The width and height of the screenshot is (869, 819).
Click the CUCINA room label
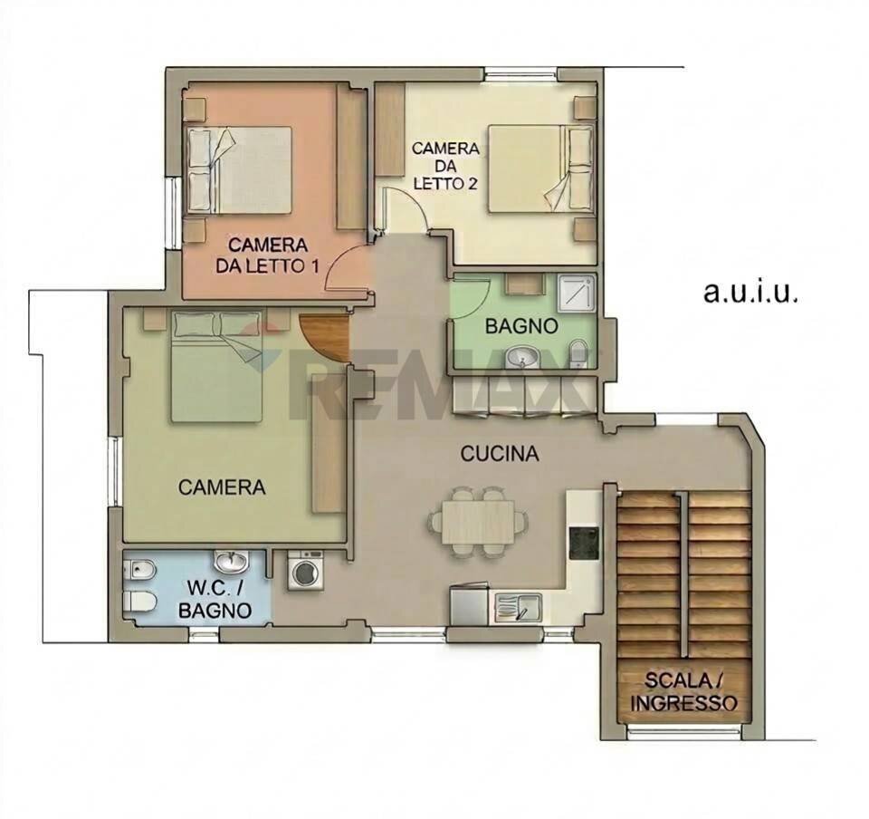[500, 454]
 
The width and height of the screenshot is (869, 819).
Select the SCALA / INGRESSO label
[684, 691]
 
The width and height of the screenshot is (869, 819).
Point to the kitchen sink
[518, 605]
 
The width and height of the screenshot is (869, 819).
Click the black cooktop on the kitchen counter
[584, 542]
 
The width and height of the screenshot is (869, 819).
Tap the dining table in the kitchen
[478, 522]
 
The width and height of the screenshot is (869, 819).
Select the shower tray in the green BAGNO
[576, 292]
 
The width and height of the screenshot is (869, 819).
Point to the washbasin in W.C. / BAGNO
[232, 561]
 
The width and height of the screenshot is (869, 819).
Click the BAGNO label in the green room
[520, 326]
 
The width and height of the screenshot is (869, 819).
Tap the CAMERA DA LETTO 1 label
[268, 255]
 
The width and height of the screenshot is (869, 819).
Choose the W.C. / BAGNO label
[214, 599]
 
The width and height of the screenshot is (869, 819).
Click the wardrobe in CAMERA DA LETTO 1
[349, 159]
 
